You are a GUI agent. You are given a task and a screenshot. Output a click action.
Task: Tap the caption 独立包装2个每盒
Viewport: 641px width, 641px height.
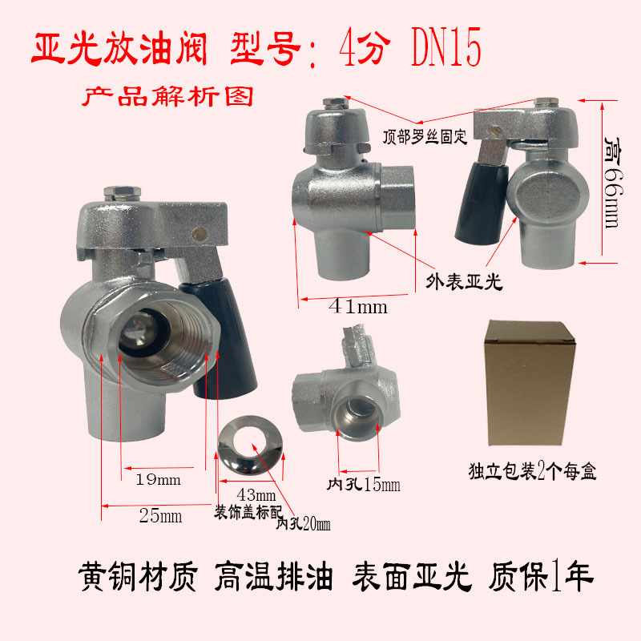pyautogui.click(x=533, y=471)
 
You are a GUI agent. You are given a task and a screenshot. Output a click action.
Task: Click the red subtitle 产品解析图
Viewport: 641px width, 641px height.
pyautogui.click(x=168, y=97)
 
